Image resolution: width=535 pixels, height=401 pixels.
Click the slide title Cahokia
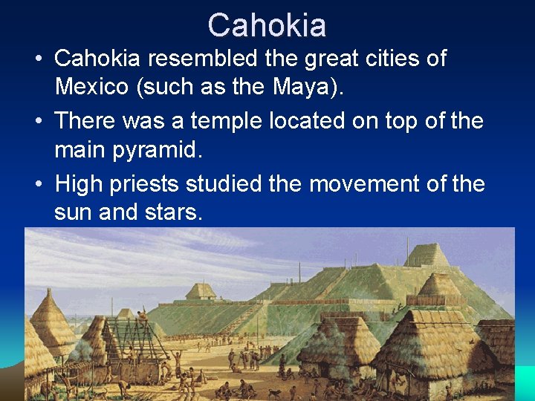pyautogui.click(x=267, y=25)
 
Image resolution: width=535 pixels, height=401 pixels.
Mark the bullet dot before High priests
pyautogui.click(x=37, y=183)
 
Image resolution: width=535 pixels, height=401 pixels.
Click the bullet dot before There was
pyautogui.click(x=37, y=121)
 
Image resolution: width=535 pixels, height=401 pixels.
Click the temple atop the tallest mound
pyautogui.click(x=427, y=255)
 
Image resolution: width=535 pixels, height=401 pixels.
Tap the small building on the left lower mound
pyautogui.click(x=201, y=291)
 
